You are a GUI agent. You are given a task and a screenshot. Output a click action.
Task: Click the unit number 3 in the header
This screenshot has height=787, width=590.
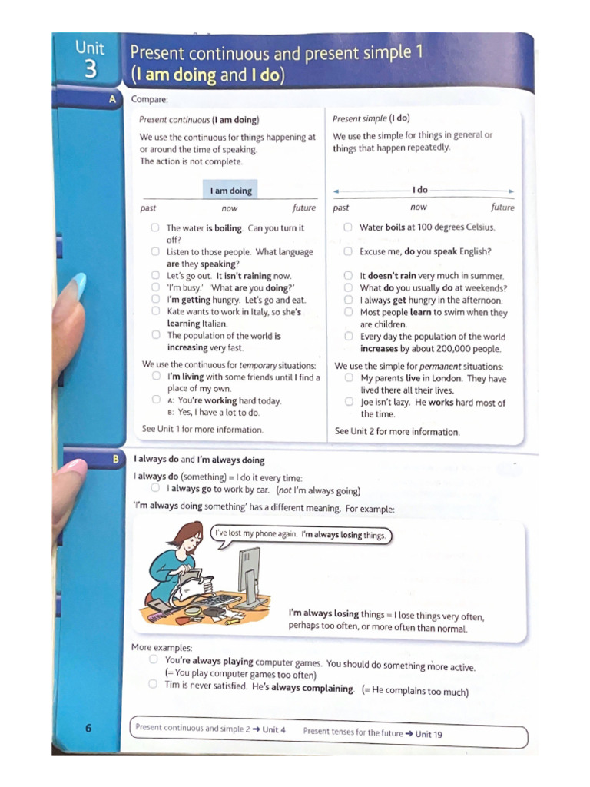(91, 69)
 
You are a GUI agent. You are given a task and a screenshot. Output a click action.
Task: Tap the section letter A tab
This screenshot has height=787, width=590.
(113, 99)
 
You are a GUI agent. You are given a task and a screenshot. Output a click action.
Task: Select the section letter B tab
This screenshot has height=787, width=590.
(116, 459)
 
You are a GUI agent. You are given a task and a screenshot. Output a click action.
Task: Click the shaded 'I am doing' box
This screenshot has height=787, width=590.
(230, 191)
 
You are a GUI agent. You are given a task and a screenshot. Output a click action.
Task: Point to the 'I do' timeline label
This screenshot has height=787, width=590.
(419, 190)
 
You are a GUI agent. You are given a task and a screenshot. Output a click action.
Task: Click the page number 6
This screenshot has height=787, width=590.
(88, 728)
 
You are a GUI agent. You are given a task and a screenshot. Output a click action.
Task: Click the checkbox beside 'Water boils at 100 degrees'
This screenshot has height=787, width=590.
(348, 227)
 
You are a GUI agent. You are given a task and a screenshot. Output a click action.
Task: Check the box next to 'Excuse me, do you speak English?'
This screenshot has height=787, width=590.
(348, 251)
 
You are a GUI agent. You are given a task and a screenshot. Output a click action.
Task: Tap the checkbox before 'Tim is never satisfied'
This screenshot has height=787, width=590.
(154, 684)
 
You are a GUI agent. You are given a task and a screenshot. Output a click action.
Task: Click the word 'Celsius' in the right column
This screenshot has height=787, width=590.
(478, 227)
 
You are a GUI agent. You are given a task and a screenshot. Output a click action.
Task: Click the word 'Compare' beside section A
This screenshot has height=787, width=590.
(149, 99)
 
